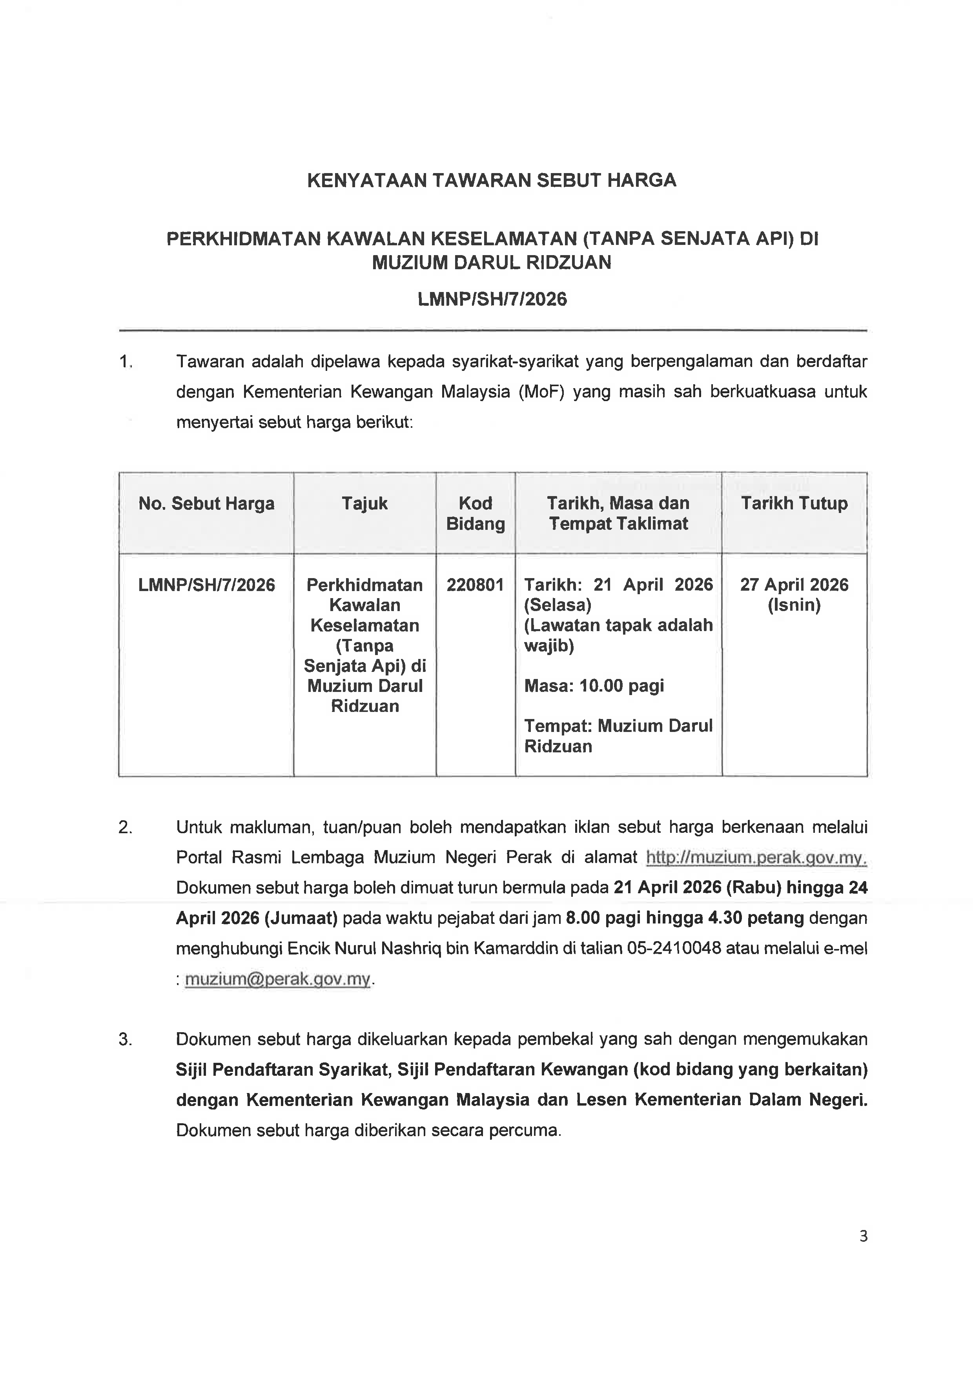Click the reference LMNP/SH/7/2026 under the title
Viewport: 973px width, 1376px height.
tap(492, 299)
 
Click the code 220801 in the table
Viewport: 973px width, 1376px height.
tap(475, 585)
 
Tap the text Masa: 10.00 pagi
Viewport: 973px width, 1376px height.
tap(594, 686)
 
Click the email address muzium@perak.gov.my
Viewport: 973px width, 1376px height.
tap(277, 979)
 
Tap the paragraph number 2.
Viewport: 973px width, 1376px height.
tap(125, 828)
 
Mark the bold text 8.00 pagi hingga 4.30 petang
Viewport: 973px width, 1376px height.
tap(685, 918)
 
